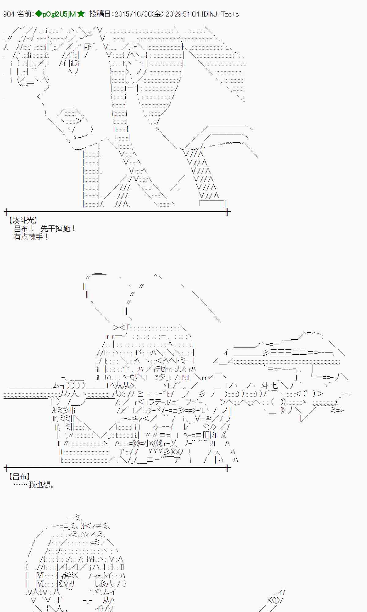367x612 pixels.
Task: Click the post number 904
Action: (9, 14)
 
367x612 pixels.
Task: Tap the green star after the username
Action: (81, 14)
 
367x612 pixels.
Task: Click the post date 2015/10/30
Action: (137, 14)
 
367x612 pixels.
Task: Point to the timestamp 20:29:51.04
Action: (183, 14)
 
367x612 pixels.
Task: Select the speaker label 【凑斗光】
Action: (23, 220)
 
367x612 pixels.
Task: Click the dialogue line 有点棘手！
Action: (31, 237)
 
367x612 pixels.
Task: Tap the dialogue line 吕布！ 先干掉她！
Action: (45, 229)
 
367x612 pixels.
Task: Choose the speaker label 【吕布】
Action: (19, 476)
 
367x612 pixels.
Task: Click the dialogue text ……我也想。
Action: (34, 484)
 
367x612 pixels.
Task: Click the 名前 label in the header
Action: (24, 14)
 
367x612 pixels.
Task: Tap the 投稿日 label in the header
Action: (100, 14)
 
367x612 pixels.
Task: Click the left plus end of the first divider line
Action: (6, 211)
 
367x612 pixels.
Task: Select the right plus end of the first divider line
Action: (227, 211)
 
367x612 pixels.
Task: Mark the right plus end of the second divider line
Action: (227, 468)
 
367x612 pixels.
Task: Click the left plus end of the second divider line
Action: (6, 468)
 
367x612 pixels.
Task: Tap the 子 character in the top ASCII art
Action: (88, 47)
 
